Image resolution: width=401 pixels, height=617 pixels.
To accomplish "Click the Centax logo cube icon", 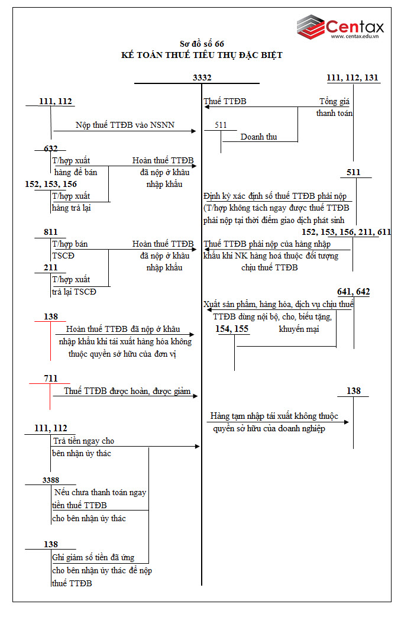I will pos(310,26).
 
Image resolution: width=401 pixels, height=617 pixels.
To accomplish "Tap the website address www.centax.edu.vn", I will pos(354,37).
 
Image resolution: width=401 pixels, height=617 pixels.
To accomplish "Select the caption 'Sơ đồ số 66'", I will pos(202,44).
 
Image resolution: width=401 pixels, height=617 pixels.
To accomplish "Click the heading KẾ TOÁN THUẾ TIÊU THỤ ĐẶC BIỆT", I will pos(202,55).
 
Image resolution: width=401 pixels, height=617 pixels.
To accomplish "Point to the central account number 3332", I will pos(202,77).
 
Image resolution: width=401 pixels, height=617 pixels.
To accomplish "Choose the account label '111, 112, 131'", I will pos(353,77).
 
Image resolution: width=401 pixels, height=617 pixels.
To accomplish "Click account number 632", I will pos(51,148).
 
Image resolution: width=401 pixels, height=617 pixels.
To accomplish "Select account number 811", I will pos(51,232).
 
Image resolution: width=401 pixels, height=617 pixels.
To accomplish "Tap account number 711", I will pos(51,378).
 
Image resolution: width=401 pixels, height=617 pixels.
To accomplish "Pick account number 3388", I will pos(51,480).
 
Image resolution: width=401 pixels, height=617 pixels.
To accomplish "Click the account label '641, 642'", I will pos(353,292).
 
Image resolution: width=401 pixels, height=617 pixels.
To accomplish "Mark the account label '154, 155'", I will pos(232,329).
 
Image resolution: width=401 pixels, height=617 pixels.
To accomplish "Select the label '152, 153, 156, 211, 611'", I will pos(346,232).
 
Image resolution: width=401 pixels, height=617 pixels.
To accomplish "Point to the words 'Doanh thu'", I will pos(258,137).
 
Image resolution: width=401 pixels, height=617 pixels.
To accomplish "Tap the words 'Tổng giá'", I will pos(335,101).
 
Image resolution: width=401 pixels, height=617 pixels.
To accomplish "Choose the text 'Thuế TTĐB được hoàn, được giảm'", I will pos(127,391).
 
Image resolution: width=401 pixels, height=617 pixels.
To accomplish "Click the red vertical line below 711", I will pos(50,397).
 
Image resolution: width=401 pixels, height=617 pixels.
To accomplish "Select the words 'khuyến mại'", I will pos(299,329).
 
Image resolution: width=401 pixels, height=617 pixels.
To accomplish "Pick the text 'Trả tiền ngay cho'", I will pos(83,441).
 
